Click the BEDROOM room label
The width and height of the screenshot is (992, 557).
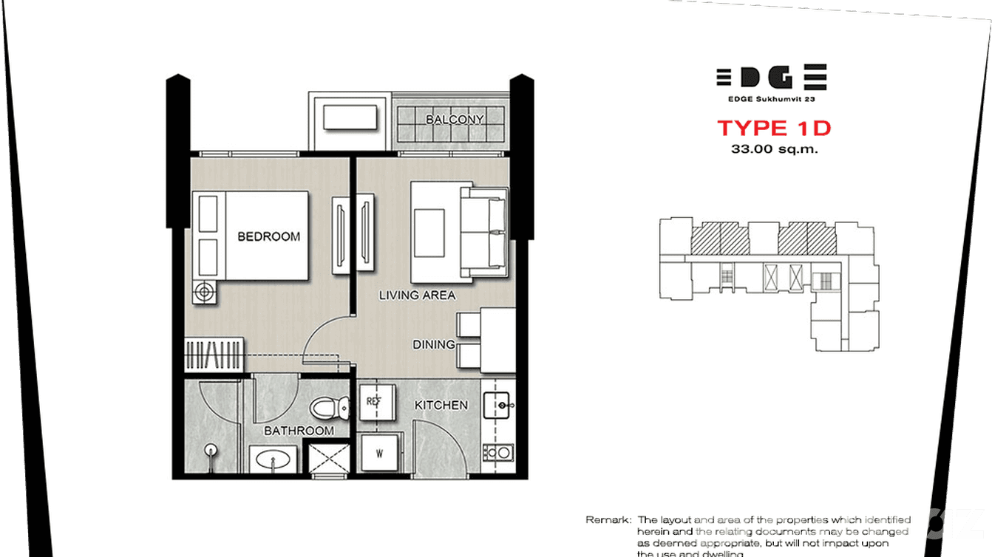[x=268, y=236]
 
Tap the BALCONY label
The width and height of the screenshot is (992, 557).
[x=455, y=119]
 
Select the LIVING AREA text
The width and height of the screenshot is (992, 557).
[x=417, y=295]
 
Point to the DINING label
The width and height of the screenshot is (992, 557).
[x=434, y=344]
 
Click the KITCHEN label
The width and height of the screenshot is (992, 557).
[x=441, y=405]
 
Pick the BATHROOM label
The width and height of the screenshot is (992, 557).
[x=299, y=431]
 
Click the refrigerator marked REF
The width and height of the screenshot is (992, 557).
[x=373, y=402]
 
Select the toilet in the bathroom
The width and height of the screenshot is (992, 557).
[x=329, y=408]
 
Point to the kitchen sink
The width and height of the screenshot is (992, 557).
[x=500, y=405]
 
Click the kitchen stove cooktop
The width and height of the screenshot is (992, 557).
[x=499, y=451]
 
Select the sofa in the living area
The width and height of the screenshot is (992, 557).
[x=484, y=231]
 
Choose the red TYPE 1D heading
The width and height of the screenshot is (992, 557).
[x=774, y=128]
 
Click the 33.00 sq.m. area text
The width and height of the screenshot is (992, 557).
[x=774, y=149]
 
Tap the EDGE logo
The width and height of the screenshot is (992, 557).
[x=771, y=78]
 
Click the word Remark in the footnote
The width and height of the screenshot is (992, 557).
[x=608, y=520]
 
